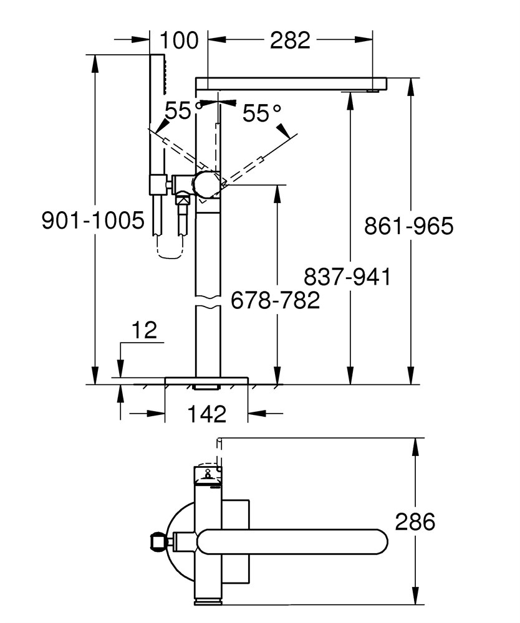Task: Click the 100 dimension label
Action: coord(179,40)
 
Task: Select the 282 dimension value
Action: coord(290,40)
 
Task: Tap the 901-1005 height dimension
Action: coord(93,220)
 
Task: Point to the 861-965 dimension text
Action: coord(408,226)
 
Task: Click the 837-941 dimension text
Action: coord(347,277)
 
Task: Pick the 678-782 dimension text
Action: coord(276,300)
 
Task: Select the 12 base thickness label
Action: coord(144,330)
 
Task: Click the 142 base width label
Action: coord(207,414)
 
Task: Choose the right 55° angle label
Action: coord(262,113)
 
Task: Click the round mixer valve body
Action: coord(206,184)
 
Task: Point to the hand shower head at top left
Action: coord(157,74)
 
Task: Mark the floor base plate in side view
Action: coord(207,381)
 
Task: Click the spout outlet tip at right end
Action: coord(372,91)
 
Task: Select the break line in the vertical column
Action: coord(208,302)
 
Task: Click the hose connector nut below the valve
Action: coord(183,198)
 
